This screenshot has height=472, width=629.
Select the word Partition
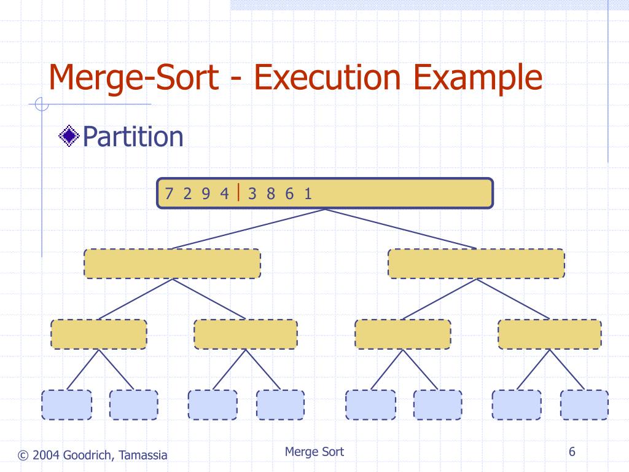tap(133, 136)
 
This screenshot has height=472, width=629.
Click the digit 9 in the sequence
tap(206, 194)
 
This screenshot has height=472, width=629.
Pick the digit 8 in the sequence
tap(271, 194)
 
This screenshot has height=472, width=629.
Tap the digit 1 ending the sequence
tap(308, 194)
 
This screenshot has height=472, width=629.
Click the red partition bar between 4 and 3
tap(239, 192)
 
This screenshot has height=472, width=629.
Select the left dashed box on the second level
tap(172, 264)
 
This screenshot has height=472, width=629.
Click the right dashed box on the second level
tap(476, 264)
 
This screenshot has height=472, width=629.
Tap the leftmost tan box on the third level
tap(99, 334)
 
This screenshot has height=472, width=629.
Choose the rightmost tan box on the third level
tap(549, 334)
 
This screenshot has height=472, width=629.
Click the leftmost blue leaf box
tap(66, 404)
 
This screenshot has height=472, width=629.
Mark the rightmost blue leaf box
tap(584, 404)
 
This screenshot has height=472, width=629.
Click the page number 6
tap(572, 452)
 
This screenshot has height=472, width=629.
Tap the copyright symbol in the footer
tap(23, 455)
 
